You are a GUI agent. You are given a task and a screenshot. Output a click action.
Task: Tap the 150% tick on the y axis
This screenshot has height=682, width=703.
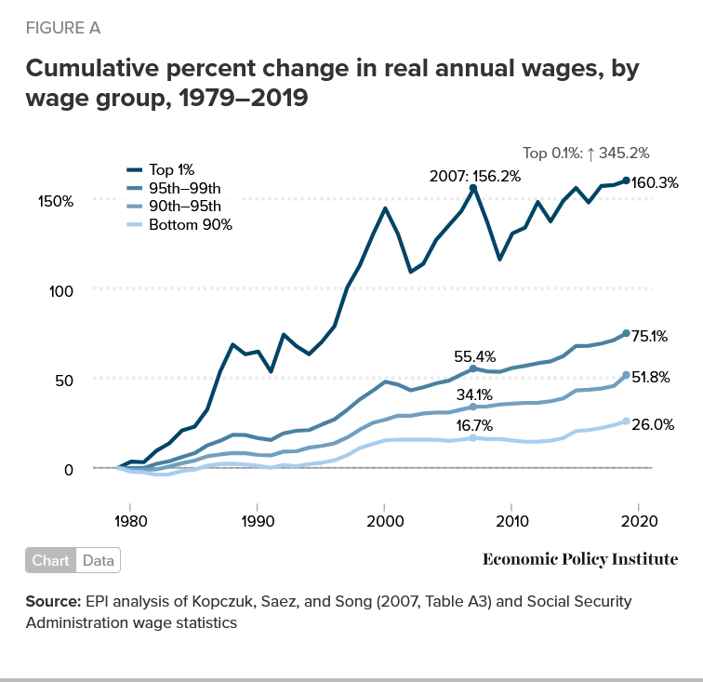[x=56, y=201]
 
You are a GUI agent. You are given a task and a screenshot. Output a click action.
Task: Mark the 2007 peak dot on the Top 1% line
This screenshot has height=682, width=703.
[x=473, y=188]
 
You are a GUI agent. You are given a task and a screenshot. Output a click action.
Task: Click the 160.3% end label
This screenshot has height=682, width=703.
[x=655, y=183]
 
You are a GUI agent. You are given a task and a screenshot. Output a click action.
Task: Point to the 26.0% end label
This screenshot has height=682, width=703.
[x=652, y=424]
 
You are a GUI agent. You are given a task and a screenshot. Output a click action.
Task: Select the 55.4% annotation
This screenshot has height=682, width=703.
[x=474, y=355]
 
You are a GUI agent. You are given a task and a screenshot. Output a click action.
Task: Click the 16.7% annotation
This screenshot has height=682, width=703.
[x=474, y=425]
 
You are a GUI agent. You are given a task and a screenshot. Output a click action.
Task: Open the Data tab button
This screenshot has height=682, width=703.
[x=98, y=560]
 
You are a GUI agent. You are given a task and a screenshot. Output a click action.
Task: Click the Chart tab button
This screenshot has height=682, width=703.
[x=50, y=560]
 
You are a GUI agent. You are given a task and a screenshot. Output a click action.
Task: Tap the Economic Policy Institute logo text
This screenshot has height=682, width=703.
[x=580, y=559]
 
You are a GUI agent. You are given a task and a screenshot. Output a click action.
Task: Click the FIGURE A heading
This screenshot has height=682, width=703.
[x=63, y=28]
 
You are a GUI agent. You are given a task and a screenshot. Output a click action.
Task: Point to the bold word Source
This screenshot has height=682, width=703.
[x=52, y=602]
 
